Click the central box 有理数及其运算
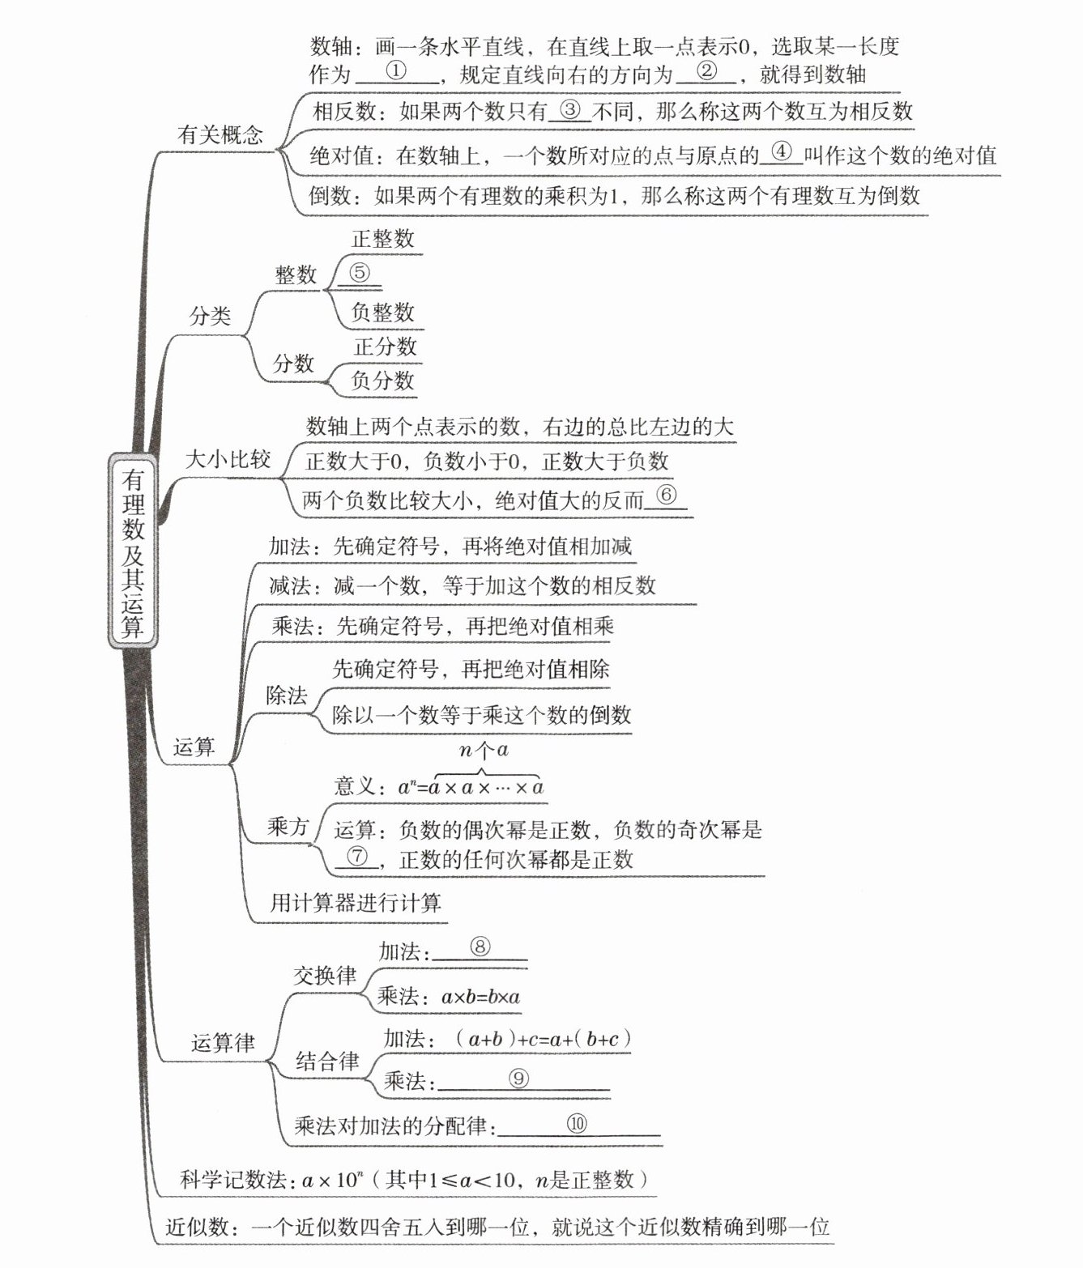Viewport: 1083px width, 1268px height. [133, 551]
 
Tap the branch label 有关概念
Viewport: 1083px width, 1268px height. [220, 134]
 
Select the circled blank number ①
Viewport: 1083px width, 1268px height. [396, 70]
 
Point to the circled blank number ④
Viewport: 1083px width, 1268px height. [781, 151]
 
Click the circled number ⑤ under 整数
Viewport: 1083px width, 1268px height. [359, 273]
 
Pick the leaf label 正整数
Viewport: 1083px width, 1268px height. [382, 238]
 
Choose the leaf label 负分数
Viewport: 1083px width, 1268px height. [382, 381]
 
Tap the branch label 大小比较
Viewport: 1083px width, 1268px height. [228, 460]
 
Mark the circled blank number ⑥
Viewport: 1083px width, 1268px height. [666, 495]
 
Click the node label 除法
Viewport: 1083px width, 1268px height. [287, 696]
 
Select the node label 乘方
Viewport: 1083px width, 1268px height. [288, 827]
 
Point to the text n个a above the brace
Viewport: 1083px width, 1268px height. [484, 750]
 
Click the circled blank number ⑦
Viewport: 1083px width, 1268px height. [356, 855]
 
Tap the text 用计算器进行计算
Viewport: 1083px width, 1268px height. [356, 902]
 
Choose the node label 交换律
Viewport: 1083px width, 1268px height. [324, 975]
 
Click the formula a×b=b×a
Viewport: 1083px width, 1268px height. [480, 998]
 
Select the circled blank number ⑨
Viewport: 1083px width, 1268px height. [518, 1078]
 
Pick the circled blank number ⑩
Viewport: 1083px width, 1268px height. [577, 1123]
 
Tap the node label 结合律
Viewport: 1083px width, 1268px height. [326, 1061]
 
